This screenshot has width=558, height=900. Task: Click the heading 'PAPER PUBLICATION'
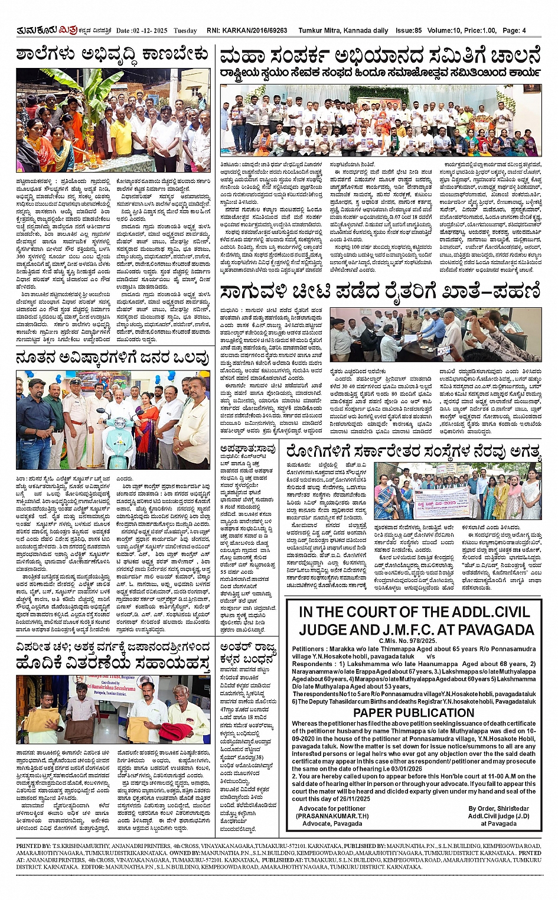point(413,713)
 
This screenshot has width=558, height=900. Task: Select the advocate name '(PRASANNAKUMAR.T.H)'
point(332,816)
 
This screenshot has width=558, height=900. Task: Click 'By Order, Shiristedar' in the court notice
point(499,808)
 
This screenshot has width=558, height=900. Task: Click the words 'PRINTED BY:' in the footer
point(34,846)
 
